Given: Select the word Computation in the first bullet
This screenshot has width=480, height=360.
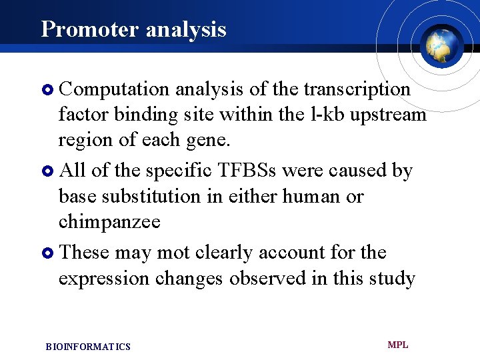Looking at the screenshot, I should coord(115,89).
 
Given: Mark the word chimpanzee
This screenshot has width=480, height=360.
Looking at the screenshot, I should coord(109,222).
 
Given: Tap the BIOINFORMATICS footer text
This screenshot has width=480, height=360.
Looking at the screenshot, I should coord(88,347).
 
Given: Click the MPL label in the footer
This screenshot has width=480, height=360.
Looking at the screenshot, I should coord(397,345).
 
